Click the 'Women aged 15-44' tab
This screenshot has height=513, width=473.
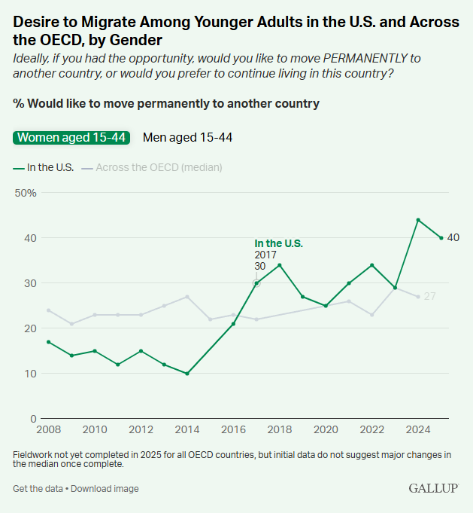pyautogui.click(x=71, y=137)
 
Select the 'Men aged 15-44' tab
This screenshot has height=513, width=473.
pyautogui.click(x=187, y=137)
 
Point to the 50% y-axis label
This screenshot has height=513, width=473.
pyautogui.click(x=26, y=193)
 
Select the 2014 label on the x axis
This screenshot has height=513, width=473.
pyautogui.click(x=186, y=430)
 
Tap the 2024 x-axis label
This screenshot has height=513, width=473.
pyautogui.click(x=417, y=430)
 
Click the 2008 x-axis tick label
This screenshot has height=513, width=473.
pyautogui.click(x=48, y=430)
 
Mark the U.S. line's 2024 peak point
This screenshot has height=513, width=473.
pyautogui.click(x=418, y=220)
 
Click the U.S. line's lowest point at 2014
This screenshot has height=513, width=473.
pyautogui.click(x=186, y=374)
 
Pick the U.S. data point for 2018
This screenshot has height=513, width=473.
pyautogui.click(x=280, y=265)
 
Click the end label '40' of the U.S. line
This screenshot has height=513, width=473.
pyautogui.click(x=453, y=238)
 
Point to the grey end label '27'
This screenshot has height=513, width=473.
pyautogui.click(x=429, y=297)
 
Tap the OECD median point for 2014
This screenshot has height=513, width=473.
pyautogui.click(x=186, y=297)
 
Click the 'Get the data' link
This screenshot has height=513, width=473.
pyautogui.click(x=38, y=489)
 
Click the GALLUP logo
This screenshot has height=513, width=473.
pyautogui.click(x=432, y=488)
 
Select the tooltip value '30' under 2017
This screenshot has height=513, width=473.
pyautogui.click(x=260, y=267)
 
